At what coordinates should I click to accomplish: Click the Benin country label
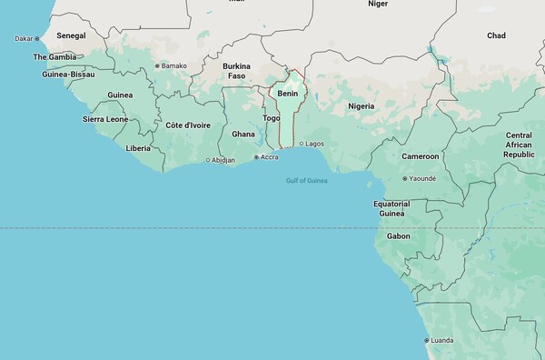(288, 94)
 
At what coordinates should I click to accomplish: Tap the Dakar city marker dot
(37, 39)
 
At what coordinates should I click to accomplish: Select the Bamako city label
(173, 65)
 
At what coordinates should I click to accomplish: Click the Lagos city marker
(301, 144)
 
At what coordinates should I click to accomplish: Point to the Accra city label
(269, 157)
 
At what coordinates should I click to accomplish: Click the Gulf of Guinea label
(307, 180)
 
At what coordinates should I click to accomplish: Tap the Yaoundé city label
(422, 179)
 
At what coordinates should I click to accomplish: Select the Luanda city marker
(427, 341)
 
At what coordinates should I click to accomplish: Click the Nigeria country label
(362, 106)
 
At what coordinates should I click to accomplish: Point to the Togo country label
(271, 118)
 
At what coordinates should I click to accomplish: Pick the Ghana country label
(243, 134)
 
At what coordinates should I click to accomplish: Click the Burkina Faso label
(236, 71)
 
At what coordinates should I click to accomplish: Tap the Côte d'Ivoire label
(188, 125)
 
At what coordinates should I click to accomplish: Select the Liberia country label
(139, 147)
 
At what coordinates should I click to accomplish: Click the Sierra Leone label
(106, 119)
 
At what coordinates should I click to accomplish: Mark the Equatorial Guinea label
(391, 209)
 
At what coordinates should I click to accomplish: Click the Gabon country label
(398, 236)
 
